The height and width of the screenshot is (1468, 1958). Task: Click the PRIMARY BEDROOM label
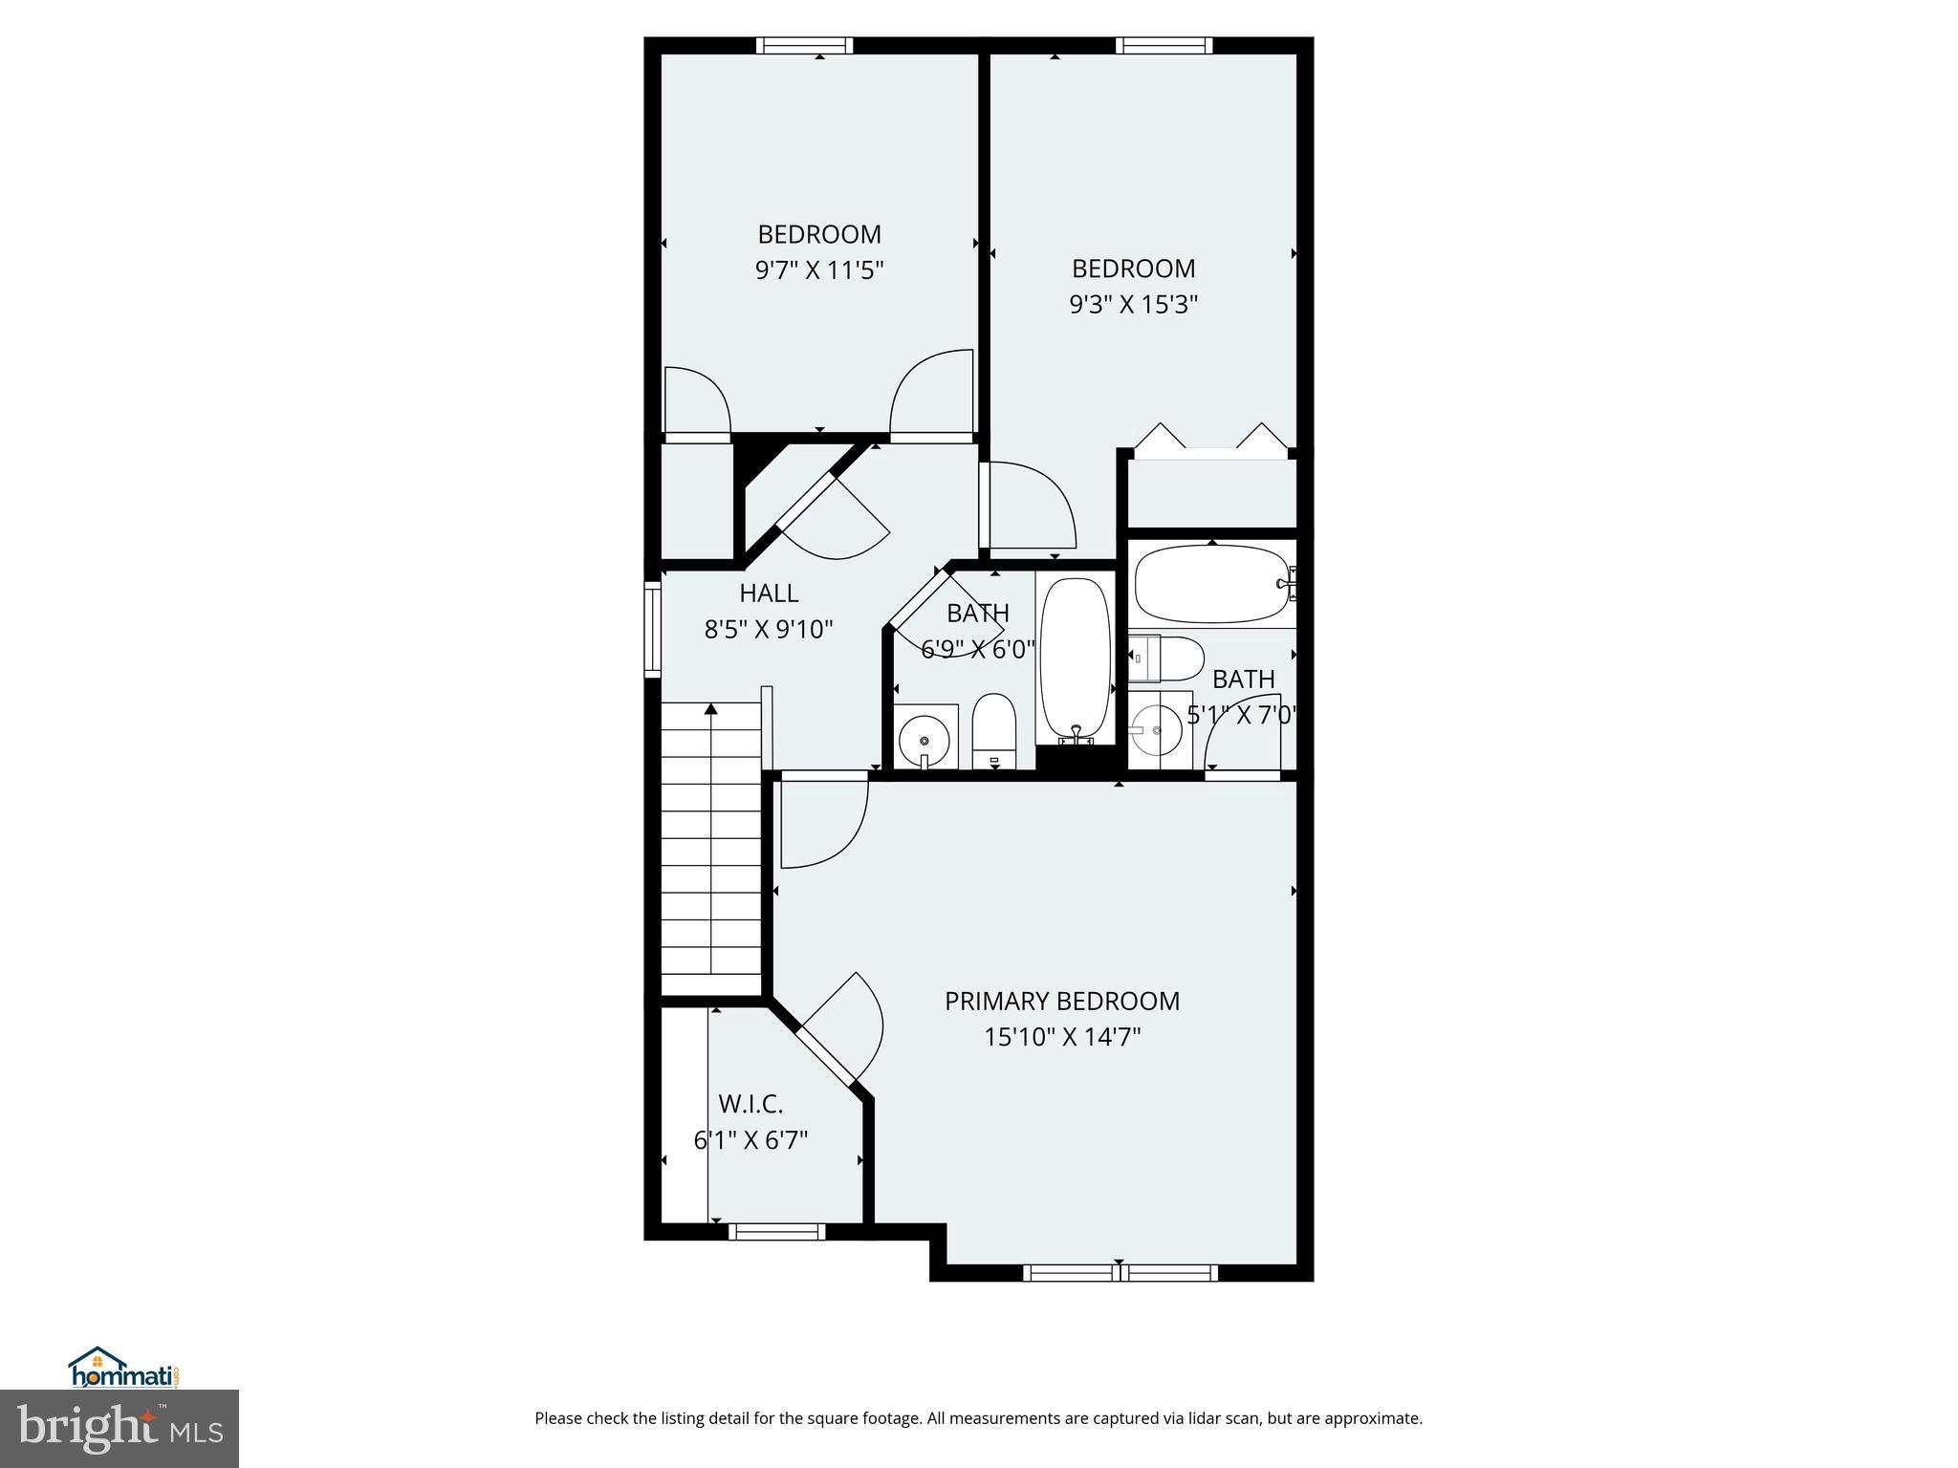point(1062,1001)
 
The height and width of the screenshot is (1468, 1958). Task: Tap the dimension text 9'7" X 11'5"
point(818,270)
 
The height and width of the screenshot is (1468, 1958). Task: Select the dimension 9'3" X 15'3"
point(1133,305)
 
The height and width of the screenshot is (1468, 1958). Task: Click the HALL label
point(769,594)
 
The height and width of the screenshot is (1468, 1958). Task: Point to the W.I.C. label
point(751,1104)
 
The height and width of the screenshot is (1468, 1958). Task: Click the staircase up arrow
point(711,710)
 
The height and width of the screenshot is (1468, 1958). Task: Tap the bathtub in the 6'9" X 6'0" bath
point(1076,659)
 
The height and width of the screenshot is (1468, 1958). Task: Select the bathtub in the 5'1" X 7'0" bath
point(1209,583)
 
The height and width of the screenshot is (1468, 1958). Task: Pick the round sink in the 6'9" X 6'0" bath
point(925,739)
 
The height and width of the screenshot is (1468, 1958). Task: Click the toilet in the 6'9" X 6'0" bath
point(993,729)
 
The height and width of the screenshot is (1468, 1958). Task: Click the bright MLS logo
point(119,1428)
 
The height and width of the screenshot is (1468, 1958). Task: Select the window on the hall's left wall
point(653,629)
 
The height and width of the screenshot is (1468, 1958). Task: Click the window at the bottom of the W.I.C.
point(776,1232)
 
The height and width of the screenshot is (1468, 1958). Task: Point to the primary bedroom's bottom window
point(1120,1272)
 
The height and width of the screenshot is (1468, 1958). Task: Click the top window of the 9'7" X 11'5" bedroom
point(804,45)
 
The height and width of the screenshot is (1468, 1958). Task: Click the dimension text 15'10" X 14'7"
point(1062,1037)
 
